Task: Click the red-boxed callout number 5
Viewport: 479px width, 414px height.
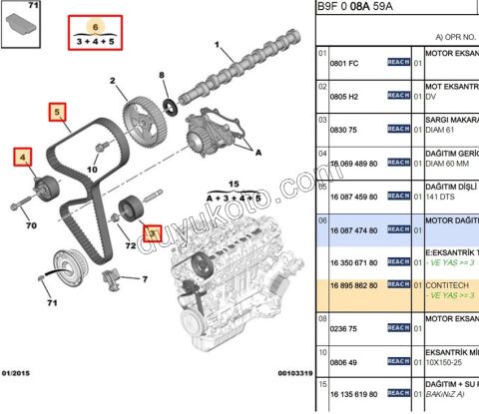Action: coord(58,112)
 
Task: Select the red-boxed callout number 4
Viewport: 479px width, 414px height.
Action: coord(23,157)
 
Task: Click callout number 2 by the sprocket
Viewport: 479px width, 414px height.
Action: coord(115,80)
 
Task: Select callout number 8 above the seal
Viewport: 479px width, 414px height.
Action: coord(162,77)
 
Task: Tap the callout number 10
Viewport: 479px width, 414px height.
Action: coord(91,170)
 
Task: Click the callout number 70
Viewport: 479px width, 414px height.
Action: coord(31,225)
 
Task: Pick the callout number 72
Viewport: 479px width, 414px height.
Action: coord(131,244)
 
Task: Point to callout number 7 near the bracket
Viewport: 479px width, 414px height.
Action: coord(146,279)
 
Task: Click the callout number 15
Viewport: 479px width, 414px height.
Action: coord(236,185)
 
